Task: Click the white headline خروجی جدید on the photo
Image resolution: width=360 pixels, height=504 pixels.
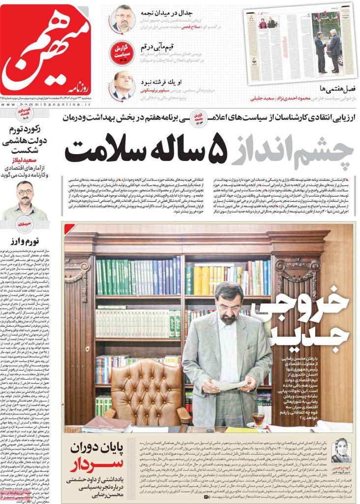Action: coord(308,326)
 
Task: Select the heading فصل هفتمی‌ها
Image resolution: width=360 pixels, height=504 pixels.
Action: coord(336,90)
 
